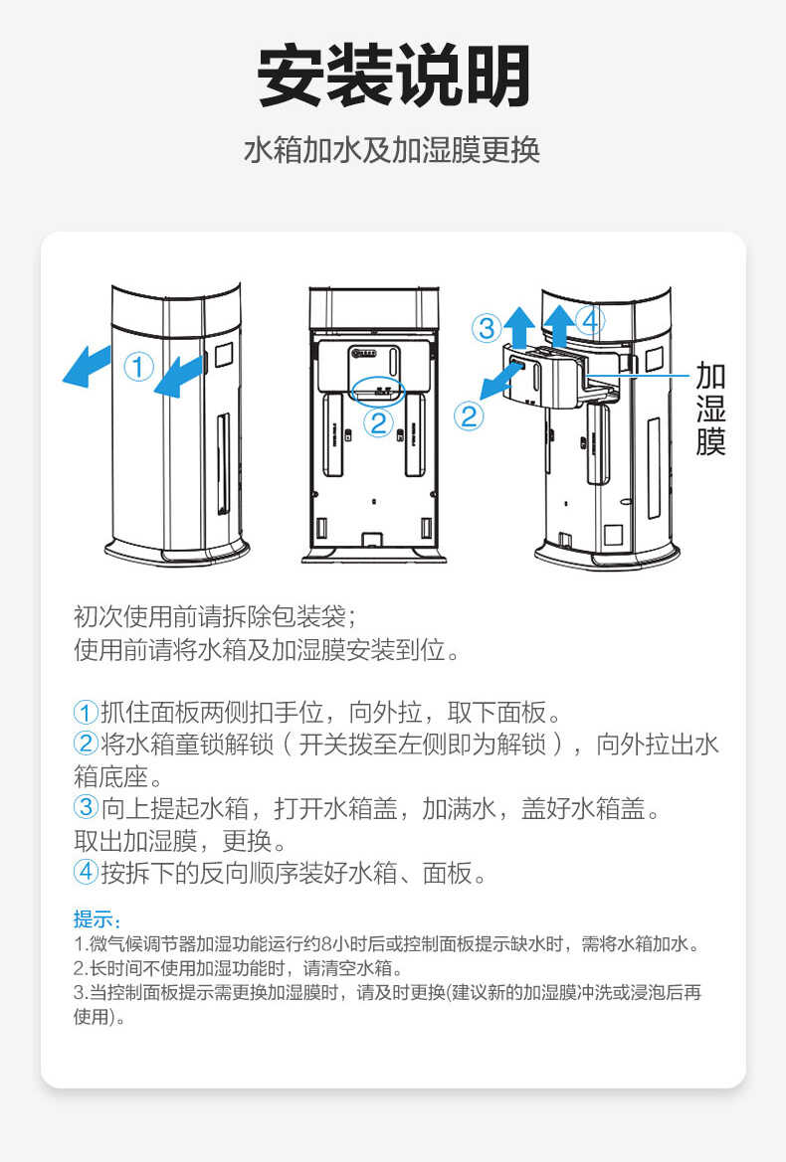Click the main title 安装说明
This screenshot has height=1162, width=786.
point(393,77)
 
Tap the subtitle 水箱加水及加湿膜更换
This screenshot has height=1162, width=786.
point(392,150)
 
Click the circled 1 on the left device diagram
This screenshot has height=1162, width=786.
point(138,367)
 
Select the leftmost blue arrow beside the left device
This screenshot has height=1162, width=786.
point(87,365)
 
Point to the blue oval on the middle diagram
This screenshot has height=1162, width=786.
point(377,389)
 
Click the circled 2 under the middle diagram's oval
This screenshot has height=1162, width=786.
point(378,423)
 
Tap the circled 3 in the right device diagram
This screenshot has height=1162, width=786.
point(486,327)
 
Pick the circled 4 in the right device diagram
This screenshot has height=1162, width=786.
point(590,321)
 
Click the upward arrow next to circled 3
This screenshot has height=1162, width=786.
point(517,326)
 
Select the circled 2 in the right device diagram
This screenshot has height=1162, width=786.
point(469,415)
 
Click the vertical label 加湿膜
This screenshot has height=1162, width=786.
point(710,409)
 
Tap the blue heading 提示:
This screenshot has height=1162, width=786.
point(97,919)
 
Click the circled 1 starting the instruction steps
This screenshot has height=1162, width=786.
point(87,713)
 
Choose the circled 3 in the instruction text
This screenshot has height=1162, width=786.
point(87,808)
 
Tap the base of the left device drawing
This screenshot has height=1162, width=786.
point(178,552)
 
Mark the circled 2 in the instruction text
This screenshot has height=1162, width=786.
point(87,744)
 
